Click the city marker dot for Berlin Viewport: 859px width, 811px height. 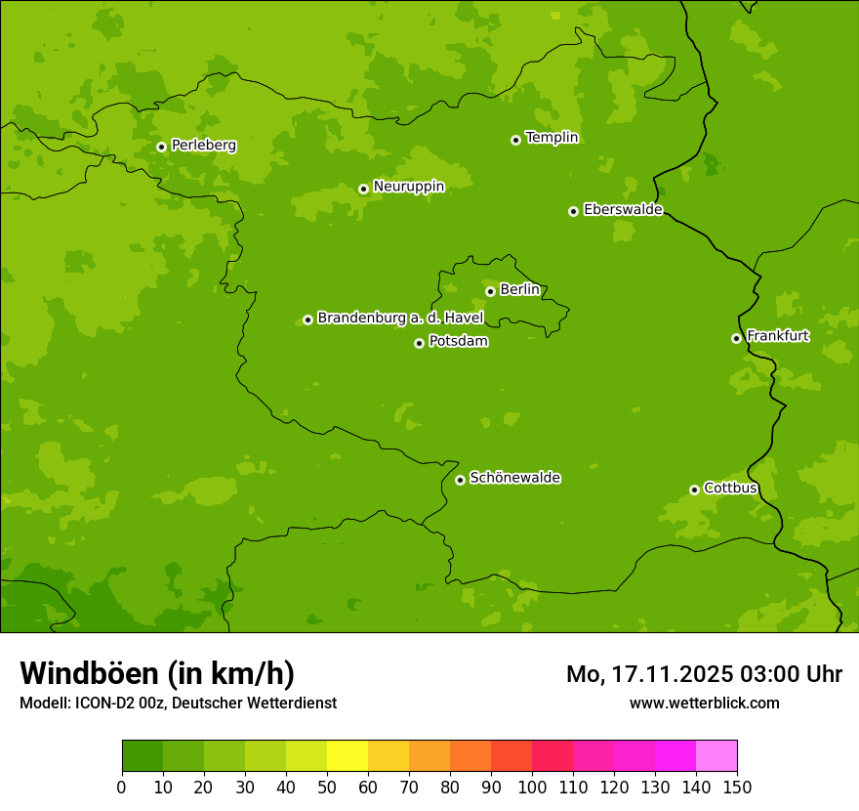click(x=490, y=291)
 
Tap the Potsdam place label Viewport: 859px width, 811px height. click(x=458, y=342)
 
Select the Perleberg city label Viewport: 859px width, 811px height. click(x=203, y=146)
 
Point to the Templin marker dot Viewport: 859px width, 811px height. click(x=515, y=140)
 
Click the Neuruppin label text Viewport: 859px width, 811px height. click(x=408, y=187)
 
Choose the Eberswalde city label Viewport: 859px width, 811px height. click(x=623, y=210)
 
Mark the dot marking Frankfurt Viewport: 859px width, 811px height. click(x=736, y=338)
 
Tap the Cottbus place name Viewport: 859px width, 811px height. click(x=730, y=488)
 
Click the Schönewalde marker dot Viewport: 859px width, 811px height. click(x=460, y=480)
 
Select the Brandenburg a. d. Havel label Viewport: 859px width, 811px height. click(x=400, y=319)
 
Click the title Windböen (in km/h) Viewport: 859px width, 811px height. click(x=157, y=673)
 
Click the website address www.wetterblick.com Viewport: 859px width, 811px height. click(x=704, y=703)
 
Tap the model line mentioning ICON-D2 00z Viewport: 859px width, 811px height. click(x=178, y=703)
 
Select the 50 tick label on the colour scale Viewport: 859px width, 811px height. click(x=327, y=788)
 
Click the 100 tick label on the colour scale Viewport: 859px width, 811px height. click(x=532, y=788)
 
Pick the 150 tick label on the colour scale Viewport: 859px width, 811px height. click(x=737, y=788)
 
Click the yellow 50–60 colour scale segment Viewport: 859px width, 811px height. click(x=348, y=756)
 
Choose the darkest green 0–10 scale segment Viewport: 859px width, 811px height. click(x=143, y=756)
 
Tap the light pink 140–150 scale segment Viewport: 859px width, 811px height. click(x=716, y=756)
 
